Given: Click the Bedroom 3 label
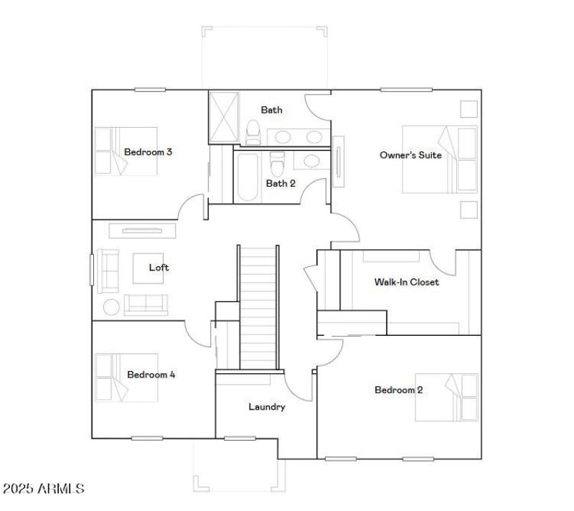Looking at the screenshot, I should [148, 152].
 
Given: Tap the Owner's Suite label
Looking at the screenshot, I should [410, 155].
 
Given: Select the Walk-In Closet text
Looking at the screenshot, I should [406, 282].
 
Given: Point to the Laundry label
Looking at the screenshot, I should [267, 407].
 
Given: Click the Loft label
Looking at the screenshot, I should [159, 268].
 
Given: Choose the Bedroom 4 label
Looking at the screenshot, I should [151, 375].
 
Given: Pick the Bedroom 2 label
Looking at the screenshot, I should [398, 390].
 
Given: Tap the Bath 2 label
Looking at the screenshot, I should [281, 183].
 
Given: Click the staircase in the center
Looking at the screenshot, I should [258, 307].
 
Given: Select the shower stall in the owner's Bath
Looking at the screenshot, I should [222, 116].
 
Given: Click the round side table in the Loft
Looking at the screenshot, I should [113, 308].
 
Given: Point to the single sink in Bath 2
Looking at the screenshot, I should [312, 161].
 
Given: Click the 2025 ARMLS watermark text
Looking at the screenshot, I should [43, 489].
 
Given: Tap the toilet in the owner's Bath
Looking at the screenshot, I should [253, 132].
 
